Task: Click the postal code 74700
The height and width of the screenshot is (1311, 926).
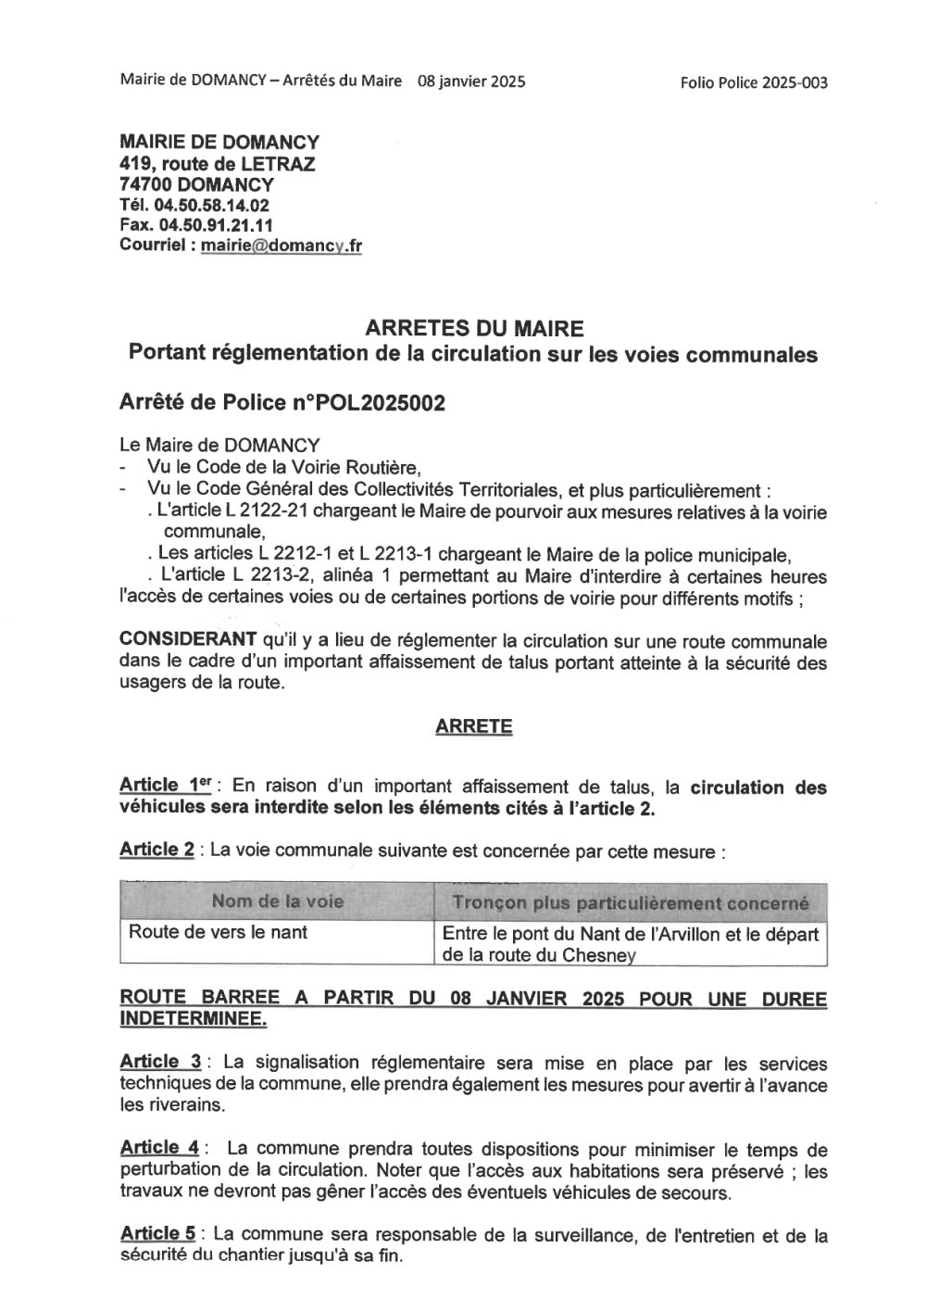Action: pos(148,184)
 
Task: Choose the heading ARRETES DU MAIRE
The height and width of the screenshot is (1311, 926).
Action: pos(474,329)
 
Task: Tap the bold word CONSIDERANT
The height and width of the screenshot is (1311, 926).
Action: pos(188,641)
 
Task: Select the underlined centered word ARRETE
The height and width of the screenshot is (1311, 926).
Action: pos(473,726)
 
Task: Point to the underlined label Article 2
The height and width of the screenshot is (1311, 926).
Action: pos(157,850)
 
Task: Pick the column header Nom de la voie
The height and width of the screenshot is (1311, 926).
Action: pos(278,901)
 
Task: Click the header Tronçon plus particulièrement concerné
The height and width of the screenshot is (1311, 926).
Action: pos(631,902)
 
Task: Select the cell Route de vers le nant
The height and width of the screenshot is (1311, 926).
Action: pos(219,932)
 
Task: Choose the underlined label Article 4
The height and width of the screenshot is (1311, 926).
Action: pos(160,1149)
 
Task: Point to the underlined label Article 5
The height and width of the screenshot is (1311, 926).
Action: pos(158,1235)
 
